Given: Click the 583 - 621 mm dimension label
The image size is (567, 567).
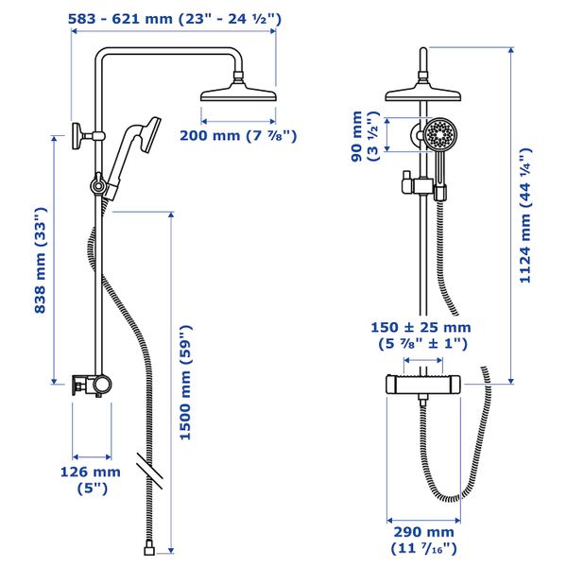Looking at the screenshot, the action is [175, 19].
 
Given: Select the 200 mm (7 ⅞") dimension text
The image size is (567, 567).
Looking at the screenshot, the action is [238, 136].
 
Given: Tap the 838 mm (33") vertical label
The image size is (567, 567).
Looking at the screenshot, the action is [41, 260].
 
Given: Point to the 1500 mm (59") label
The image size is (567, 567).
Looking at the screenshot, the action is [185, 383].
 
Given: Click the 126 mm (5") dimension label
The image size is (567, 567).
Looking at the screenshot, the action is [91, 480].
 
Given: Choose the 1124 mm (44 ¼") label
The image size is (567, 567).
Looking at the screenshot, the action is [525, 215].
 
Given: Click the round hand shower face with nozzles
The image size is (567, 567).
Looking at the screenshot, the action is [440, 135].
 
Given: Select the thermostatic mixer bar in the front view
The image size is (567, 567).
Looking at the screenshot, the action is [423, 385].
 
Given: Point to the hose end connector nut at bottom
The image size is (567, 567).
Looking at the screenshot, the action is [149, 550].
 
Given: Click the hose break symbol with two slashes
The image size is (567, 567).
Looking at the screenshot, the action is [149, 470].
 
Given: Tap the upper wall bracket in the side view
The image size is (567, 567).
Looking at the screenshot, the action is [88, 136].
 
